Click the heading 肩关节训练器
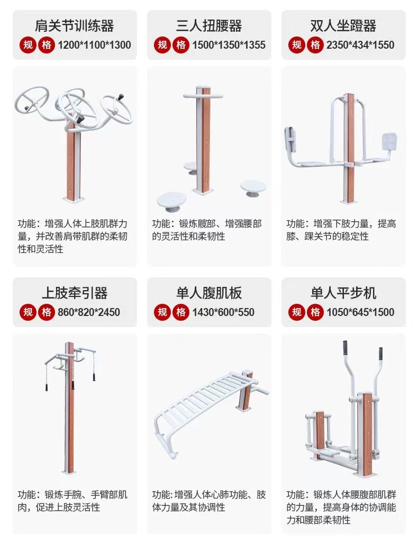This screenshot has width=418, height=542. tap(74, 25)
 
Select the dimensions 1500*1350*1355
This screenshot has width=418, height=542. tap(229, 45)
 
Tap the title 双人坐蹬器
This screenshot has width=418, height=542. tap(343, 25)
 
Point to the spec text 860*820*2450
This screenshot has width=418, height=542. tap(89, 312)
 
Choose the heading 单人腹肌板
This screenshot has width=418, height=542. tap(209, 293)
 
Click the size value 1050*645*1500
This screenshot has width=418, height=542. tap(360, 312)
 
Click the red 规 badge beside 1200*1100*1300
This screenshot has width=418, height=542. tap(28, 45)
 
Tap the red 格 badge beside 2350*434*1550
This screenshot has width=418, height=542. tap(315, 45)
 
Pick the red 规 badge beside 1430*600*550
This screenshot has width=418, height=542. tap(162, 312)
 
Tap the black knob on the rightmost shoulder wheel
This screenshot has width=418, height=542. tap(121, 96)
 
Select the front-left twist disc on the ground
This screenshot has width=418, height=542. tap(171, 202)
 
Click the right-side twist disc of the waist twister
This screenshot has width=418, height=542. tap(253, 188)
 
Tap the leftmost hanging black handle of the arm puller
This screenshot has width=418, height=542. tap(47, 386)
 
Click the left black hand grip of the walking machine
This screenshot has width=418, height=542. tap(345, 348)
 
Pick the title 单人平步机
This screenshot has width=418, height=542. tap(343, 293)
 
